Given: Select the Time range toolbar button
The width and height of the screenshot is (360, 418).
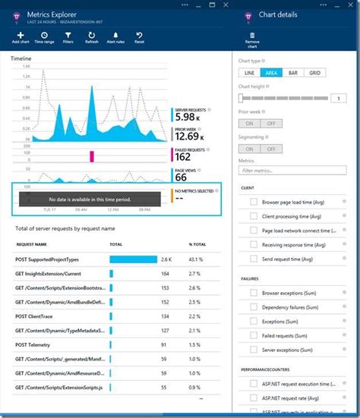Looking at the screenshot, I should pos(43,37).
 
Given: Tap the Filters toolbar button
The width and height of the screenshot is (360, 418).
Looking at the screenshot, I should pos(68,37).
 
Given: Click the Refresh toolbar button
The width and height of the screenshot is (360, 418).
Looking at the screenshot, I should pos(92,37).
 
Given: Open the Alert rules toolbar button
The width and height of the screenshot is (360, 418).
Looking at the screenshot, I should pos(116,37).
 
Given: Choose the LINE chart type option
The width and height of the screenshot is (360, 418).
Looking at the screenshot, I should pos(248,73).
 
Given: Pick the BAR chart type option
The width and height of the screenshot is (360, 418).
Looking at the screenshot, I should pos(292,73).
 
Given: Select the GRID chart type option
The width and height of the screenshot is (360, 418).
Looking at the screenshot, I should pos(314,73).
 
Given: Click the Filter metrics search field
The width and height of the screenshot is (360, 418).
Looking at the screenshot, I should pos(286,171).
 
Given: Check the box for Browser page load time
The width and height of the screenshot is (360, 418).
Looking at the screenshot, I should pos(253,203).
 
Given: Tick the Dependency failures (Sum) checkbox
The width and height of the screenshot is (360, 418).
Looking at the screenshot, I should pos(253,309).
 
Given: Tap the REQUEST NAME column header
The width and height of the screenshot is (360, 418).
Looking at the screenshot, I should pos(31,245).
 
